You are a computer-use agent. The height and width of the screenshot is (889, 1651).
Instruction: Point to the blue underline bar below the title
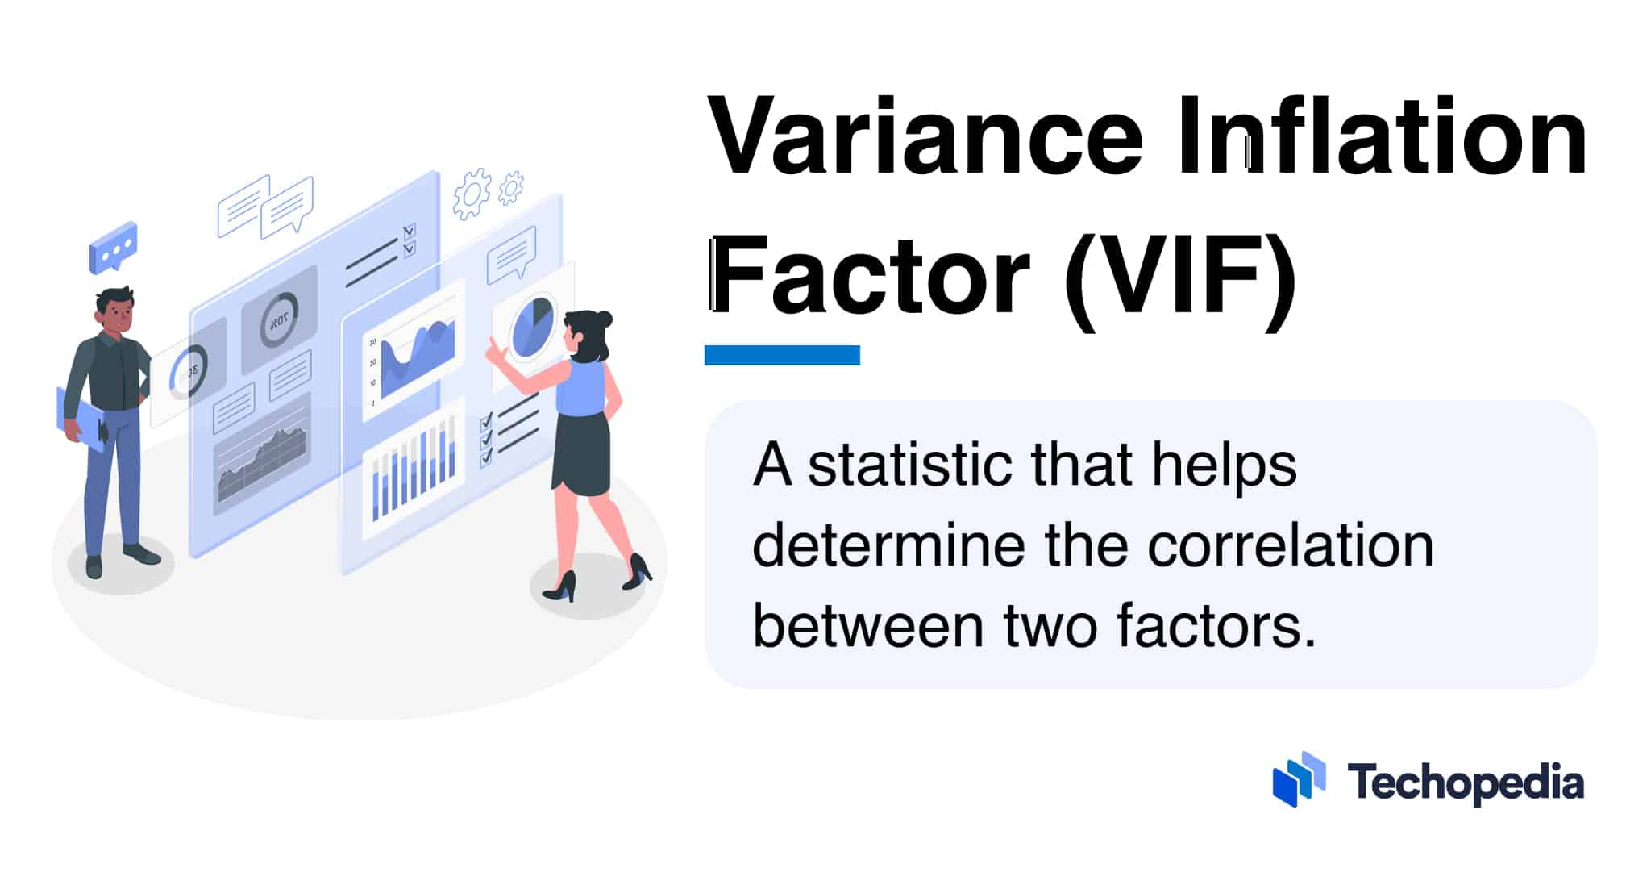pyautogui.click(x=782, y=355)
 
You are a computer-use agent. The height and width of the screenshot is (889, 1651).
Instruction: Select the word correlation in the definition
pyautogui.click(x=1290, y=546)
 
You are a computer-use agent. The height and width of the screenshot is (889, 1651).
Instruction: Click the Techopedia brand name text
pyautogui.click(x=1466, y=783)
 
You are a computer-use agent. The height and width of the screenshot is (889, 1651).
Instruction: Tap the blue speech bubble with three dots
pyautogui.click(x=113, y=246)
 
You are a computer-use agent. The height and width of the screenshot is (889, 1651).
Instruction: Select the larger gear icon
pyautogui.click(x=472, y=194)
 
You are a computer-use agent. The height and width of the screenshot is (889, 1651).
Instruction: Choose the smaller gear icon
pyautogui.click(x=511, y=187)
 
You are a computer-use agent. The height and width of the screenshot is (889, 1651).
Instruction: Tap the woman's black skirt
pyautogui.click(x=582, y=453)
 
